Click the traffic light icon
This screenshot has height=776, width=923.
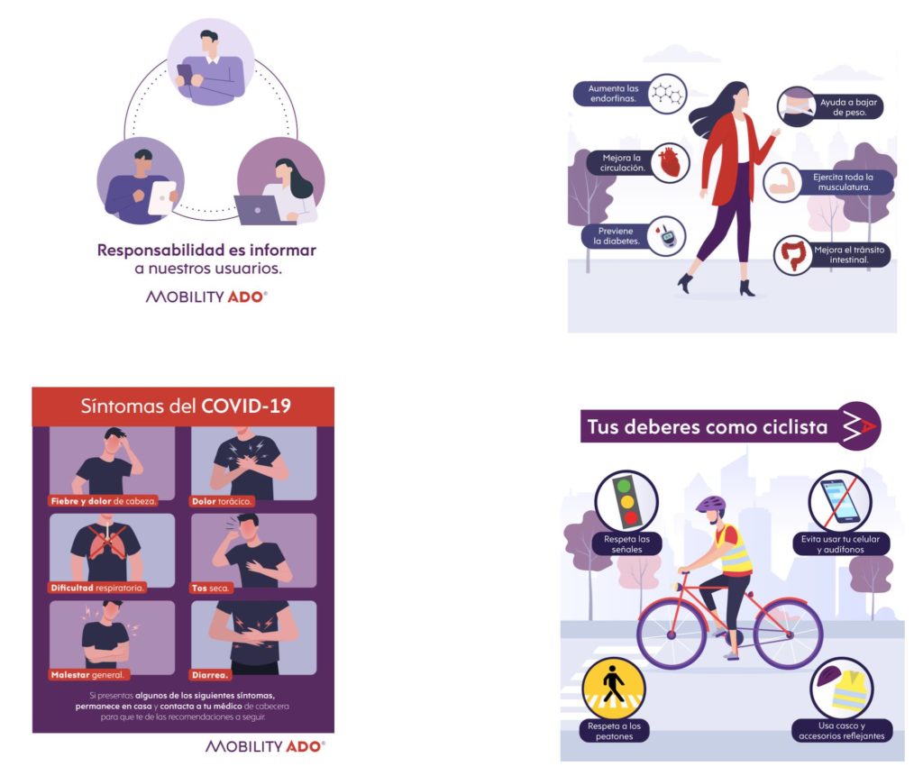(x=626, y=502)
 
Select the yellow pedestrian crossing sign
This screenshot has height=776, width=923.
(x=613, y=689)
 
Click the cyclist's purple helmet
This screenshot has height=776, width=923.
(x=711, y=504)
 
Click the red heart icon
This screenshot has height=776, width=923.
(x=670, y=163)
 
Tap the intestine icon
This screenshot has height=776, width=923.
(x=793, y=255)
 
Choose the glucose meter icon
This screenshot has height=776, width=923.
(x=667, y=235)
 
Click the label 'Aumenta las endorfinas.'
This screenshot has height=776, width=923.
(x=613, y=94)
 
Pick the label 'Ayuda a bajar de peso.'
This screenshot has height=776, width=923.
(x=849, y=107)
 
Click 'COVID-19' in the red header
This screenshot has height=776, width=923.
(x=246, y=406)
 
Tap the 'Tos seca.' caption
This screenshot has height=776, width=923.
(x=210, y=588)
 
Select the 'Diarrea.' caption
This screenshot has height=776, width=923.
(x=209, y=675)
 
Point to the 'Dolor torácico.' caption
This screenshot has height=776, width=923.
(x=222, y=501)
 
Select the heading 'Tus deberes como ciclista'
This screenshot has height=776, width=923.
(x=708, y=426)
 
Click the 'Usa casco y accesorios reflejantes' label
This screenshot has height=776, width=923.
(x=841, y=731)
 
